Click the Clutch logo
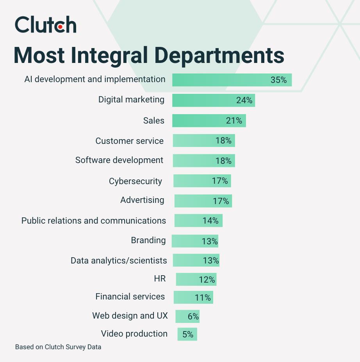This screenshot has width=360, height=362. pos(45,25)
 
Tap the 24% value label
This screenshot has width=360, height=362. pos(244,100)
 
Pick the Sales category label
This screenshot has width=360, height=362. pos(154,120)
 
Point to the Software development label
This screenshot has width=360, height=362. pos(119,160)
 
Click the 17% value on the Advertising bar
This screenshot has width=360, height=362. pos(221,201)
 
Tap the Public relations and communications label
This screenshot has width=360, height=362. pos(94,220)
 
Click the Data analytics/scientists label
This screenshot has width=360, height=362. pos(119,260)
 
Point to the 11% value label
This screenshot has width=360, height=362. pos(203,298)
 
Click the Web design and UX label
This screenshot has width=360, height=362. pos(130,315)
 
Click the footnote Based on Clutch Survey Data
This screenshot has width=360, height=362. pos(58,347)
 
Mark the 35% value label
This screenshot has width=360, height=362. pos(279,80)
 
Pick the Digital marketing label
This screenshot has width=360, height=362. pos(131,100)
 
